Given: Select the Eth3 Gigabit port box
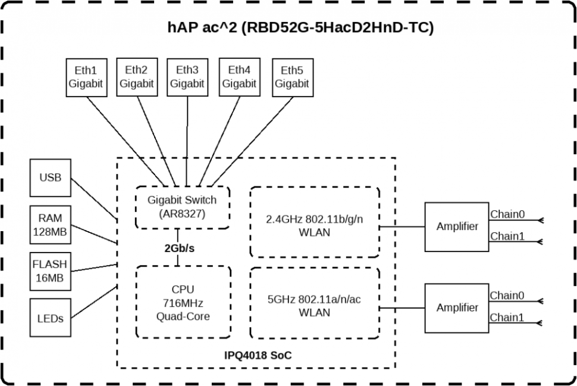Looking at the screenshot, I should point(187,77).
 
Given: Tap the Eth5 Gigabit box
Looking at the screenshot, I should point(292,77).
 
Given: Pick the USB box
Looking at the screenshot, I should point(50,178).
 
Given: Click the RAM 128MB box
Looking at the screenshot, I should point(50,225).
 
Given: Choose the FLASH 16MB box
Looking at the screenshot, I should point(50,271).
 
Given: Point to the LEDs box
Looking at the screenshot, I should point(50,318).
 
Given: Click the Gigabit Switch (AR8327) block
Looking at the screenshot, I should point(182,207).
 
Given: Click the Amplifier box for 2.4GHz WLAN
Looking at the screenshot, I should point(457,227).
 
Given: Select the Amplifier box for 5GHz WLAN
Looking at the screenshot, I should point(457,307).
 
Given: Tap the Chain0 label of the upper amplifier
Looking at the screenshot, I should point(507,214).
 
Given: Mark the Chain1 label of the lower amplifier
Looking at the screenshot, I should point(507,317).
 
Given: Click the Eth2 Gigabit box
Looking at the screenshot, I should point(137,77).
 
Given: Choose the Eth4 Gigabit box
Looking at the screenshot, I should point(239,77).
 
